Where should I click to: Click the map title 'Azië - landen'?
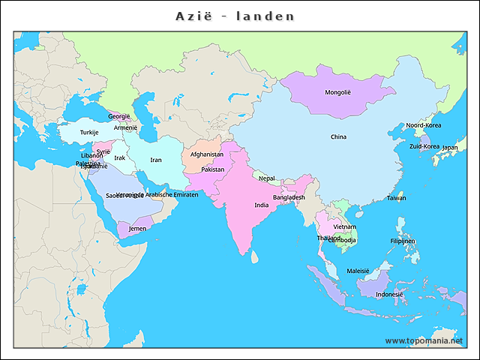[x=235, y=16]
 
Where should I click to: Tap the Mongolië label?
[x=337, y=93]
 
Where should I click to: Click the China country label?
[x=339, y=137]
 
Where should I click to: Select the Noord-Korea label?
[x=424, y=125]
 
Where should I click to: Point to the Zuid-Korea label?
[x=424, y=147]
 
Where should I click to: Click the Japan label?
[x=450, y=148]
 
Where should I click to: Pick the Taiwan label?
[x=396, y=198]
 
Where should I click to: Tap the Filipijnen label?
[x=403, y=241]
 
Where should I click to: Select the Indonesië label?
[x=389, y=295]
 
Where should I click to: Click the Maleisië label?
[x=358, y=271]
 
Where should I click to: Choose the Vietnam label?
[x=345, y=226]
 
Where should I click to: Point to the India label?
[x=261, y=205]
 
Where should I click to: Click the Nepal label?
[x=267, y=178]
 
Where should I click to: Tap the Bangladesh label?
[x=289, y=197]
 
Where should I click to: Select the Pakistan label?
[x=213, y=169]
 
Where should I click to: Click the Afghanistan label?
[x=207, y=154]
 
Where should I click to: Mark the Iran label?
[x=156, y=160]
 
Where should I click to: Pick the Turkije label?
[x=90, y=133]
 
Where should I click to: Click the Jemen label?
[x=138, y=229]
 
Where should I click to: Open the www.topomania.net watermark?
[x=429, y=340]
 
